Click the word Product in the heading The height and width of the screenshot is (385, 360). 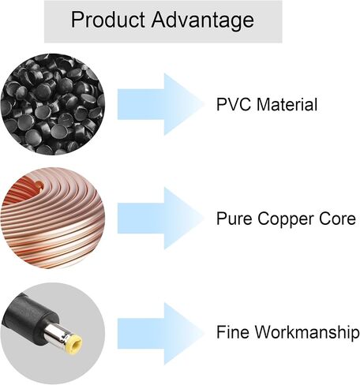pyautogui.click(x=108, y=20)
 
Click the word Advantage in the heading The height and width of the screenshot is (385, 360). pyautogui.click(x=203, y=21)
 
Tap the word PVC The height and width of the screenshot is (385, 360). pyautogui.click(x=233, y=104)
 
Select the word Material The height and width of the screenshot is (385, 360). pyautogui.click(x=287, y=104)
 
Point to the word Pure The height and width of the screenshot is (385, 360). pyautogui.click(x=234, y=219)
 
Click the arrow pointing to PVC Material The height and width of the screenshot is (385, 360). pyautogui.click(x=160, y=104)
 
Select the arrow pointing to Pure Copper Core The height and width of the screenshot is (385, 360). pyautogui.click(x=160, y=219)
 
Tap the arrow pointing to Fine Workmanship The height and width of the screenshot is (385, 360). pyautogui.click(x=160, y=334)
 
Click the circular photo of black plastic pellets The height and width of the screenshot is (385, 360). pyautogui.click(x=53, y=104)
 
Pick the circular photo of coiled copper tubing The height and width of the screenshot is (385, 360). pyautogui.click(x=53, y=218)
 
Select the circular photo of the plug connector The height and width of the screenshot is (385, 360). pyautogui.click(x=53, y=333)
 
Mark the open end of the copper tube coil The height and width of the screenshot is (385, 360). pyautogui.click(x=39, y=185)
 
